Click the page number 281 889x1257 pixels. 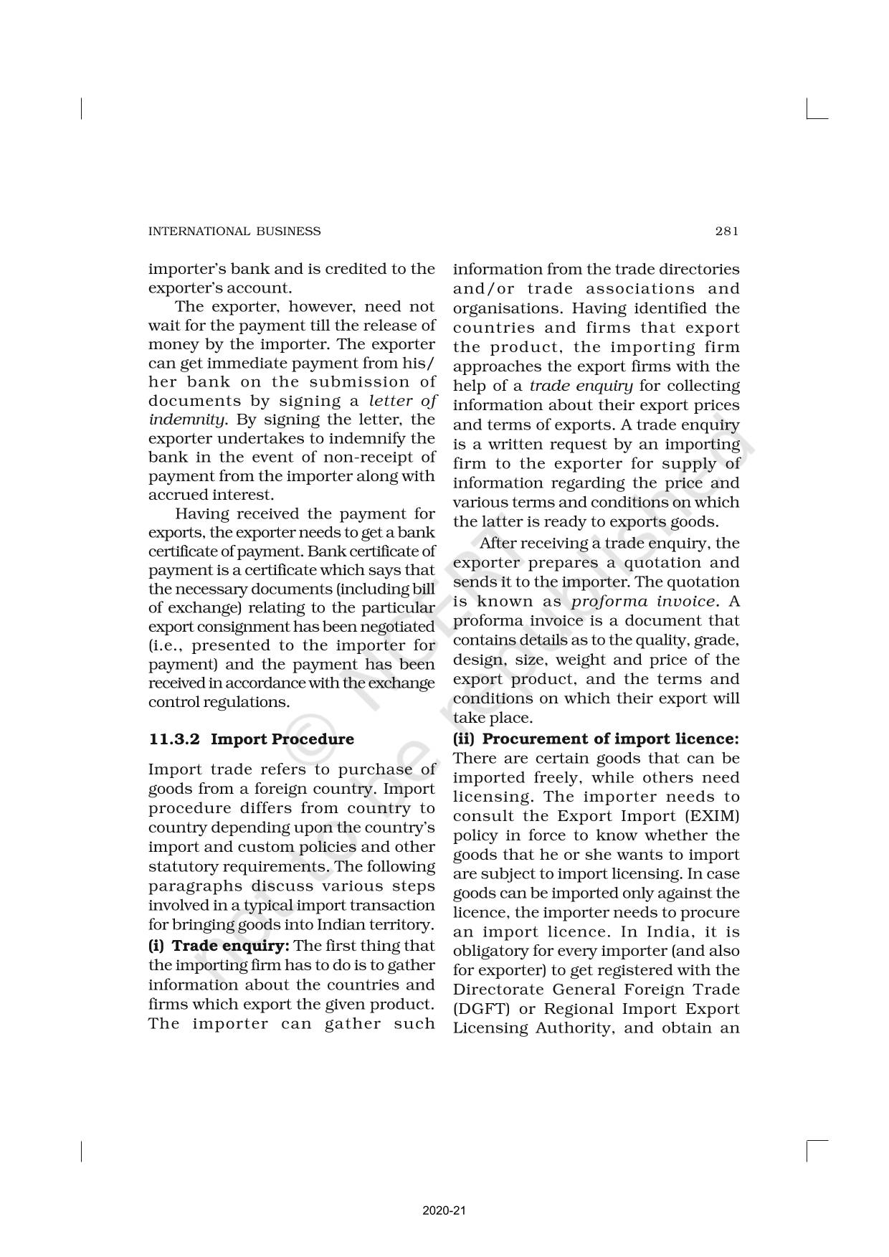coord(726,231)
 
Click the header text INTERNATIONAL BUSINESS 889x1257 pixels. coord(234,231)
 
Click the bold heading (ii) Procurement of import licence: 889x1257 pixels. coord(596,739)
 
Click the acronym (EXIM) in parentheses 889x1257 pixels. coord(713,816)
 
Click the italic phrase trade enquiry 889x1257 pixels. coord(581,386)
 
